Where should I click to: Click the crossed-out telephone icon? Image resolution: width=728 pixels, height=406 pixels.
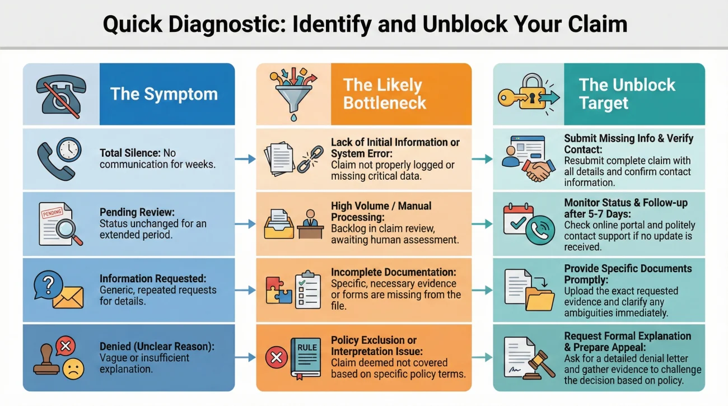[x=61, y=93]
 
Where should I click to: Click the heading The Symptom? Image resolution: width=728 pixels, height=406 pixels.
[x=164, y=94]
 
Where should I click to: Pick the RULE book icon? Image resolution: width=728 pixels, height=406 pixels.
[x=306, y=356]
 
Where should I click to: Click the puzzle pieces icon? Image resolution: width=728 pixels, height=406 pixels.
[x=279, y=290]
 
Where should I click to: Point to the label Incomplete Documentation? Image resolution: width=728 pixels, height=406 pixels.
[x=393, y=272]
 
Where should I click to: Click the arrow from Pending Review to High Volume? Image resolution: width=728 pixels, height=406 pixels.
[x=245, y=224]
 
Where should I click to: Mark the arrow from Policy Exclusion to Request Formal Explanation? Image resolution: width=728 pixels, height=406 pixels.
[x=482, y=357]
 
